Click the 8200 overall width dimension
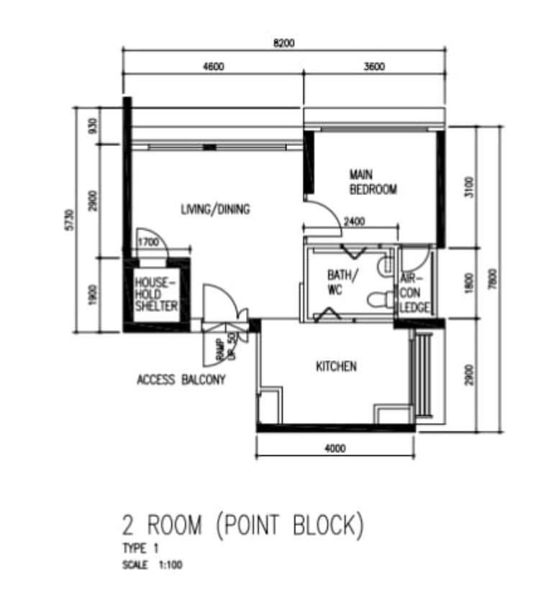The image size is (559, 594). pos(284,43)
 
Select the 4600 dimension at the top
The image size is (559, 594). pos(214,67)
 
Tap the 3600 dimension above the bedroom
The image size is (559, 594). pos(374,67)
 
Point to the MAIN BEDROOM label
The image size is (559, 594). pos(373,182)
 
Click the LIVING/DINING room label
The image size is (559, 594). pos(215,209)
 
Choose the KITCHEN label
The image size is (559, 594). pos(336,366)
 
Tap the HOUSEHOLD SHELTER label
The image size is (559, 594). pos(156,294)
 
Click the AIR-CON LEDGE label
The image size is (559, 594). pos(414,293)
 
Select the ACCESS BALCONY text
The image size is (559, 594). pos(181,380)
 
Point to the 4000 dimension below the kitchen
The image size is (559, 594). pos(335,449)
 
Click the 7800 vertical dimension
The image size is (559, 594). pos(492,279)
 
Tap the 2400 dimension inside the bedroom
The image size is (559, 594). pos(355,221)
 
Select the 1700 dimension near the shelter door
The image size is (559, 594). pos(148,242)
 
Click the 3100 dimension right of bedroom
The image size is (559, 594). pos(469,187)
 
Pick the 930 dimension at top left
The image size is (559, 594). pos(93,126)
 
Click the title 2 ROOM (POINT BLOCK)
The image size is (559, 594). pos(243,525)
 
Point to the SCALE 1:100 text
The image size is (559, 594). pos(153,565)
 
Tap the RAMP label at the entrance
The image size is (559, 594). pos(220,349)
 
